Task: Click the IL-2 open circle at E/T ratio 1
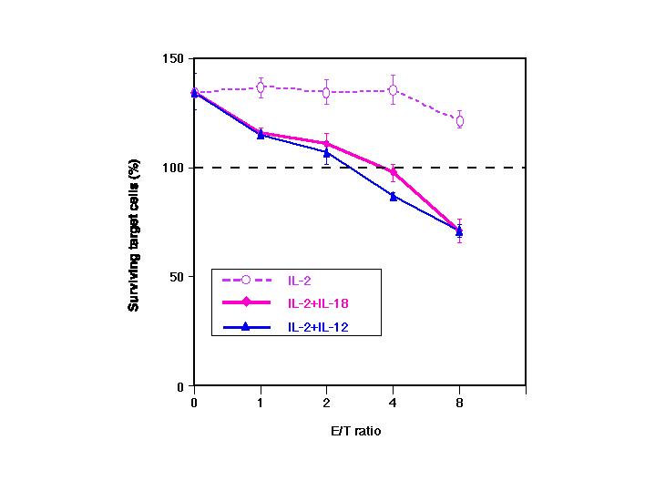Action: coord(261,87)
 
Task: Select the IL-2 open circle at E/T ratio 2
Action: coord(327,92)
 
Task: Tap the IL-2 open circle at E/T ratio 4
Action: coord(393,90)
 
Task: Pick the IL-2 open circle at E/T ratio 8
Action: coord(459,120)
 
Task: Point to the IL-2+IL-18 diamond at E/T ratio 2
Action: coord(327,143)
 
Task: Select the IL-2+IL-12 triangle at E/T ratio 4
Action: coord(393,196)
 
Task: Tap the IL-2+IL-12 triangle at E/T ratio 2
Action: coord(327,152)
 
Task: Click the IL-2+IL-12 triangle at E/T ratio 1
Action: coord(261,135)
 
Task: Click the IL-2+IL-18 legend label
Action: coord(319,302)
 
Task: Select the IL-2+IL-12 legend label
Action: coord(319,326)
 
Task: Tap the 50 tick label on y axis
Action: coord(177,277)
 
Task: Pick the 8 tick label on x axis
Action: coord(459,400)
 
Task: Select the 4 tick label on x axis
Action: coord(393,400)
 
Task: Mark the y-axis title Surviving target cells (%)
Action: coord(134,221)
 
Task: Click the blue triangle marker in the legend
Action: coord(246,326)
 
